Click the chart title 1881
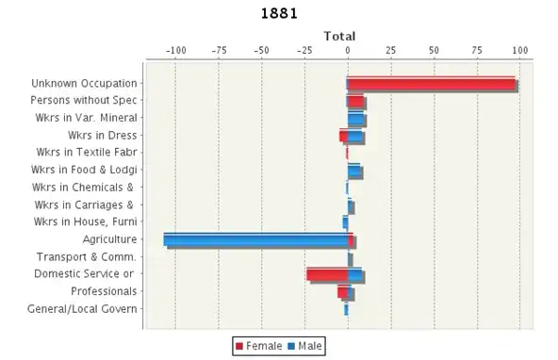point(279,13)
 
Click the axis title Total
point(339,36)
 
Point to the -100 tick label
point(174,50)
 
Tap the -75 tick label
point(219,50)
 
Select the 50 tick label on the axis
point(434,50)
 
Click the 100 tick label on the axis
point(520,50)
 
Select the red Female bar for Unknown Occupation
point(431,83)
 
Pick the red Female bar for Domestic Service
point(326,274)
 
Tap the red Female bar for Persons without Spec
point(355,100)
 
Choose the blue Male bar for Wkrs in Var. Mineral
point(356,118)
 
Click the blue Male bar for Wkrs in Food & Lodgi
point(354,170)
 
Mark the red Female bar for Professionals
point(343,291)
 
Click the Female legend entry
point(257,347)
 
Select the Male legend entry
point(304,347)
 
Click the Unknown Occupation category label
point(84,83)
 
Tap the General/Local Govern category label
point(82,309)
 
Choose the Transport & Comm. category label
point(87,256)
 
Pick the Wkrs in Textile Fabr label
point(87,153)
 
